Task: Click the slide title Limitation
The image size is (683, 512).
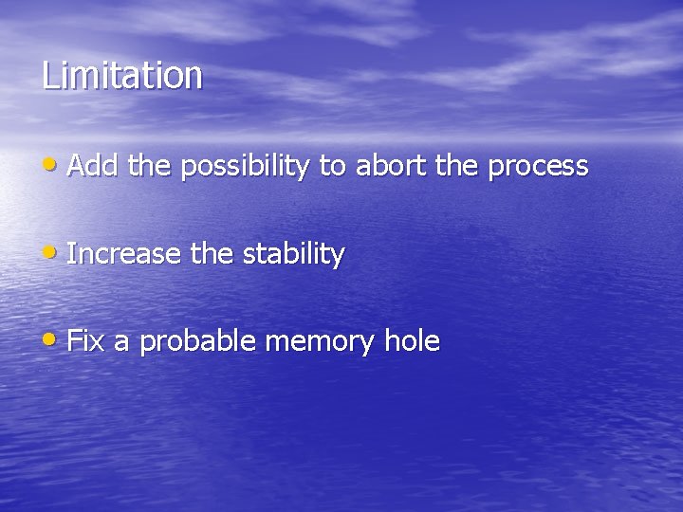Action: click(121, 76)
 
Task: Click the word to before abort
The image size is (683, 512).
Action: click(332, 168)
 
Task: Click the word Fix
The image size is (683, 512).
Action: click(85, 341)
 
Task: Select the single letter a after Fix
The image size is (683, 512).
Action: click(120, 343)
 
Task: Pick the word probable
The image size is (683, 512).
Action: click(197, 342)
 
